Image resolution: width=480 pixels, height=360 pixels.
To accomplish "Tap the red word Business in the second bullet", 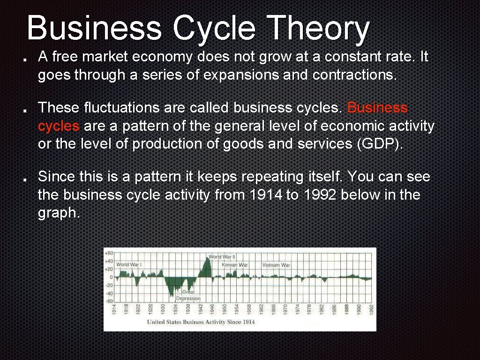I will point(377,108).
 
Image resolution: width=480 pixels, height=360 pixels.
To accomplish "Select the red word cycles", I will point(59,126).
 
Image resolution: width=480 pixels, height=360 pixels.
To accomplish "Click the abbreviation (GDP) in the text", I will point(380,144).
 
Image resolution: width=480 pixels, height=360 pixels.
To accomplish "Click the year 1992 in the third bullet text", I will point(318,195).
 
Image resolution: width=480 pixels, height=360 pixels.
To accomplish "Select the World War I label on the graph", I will point(129,264).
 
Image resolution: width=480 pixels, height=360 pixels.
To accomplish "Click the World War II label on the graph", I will point(222,257).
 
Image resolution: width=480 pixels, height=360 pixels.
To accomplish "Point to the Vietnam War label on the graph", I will point(276,265).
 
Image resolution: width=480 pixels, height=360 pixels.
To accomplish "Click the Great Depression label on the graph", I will point(188,295).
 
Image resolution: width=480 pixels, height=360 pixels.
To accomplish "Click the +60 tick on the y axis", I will point(109,253).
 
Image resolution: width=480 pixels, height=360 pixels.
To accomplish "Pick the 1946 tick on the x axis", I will point(212,309).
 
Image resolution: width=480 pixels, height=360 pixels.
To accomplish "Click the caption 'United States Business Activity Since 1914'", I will point(201,322).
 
